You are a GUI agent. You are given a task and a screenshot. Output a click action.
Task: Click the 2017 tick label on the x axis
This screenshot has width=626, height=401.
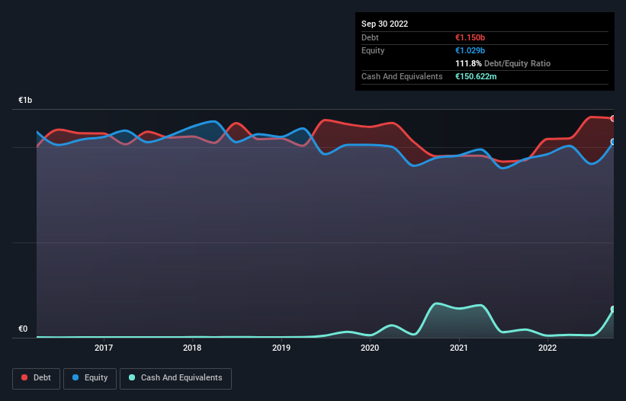point(104,348)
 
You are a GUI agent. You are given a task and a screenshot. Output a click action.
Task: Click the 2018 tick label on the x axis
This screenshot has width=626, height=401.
point(192,348)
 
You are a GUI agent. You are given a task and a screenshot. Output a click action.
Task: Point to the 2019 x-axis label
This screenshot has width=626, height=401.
point(281,348)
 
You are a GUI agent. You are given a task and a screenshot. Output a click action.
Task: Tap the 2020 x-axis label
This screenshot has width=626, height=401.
point(370,348)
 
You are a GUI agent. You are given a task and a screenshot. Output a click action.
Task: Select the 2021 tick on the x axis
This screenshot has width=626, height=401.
point(458,348)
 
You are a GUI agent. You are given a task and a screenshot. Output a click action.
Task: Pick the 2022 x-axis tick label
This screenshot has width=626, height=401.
point(547,348)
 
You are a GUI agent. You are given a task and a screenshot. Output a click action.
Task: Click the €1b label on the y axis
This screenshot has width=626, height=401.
point(26,101)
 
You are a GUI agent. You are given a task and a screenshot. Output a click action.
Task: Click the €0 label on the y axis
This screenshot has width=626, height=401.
point(23,329)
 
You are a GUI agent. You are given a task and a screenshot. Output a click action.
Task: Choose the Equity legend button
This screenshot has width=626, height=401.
point(90,378)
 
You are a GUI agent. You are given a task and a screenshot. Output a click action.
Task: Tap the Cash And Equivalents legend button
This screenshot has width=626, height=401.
point(175,378)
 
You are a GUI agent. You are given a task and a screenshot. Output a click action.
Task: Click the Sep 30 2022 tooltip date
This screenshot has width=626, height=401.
point(384,24)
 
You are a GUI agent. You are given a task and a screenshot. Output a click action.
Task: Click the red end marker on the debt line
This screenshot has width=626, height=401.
point(612,118)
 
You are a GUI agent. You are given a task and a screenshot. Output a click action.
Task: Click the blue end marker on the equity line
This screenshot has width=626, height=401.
point(612,142)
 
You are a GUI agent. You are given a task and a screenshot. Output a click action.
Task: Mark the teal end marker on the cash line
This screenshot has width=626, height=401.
point(612,310)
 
